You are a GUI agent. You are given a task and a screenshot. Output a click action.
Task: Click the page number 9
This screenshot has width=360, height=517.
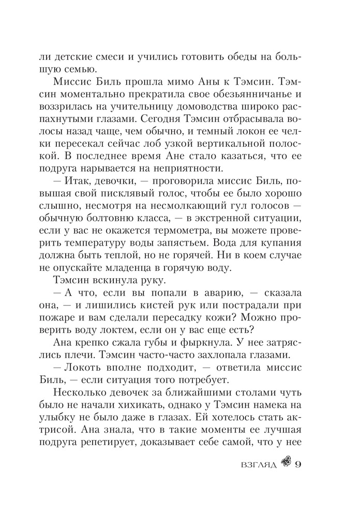(x=297, y=463)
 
